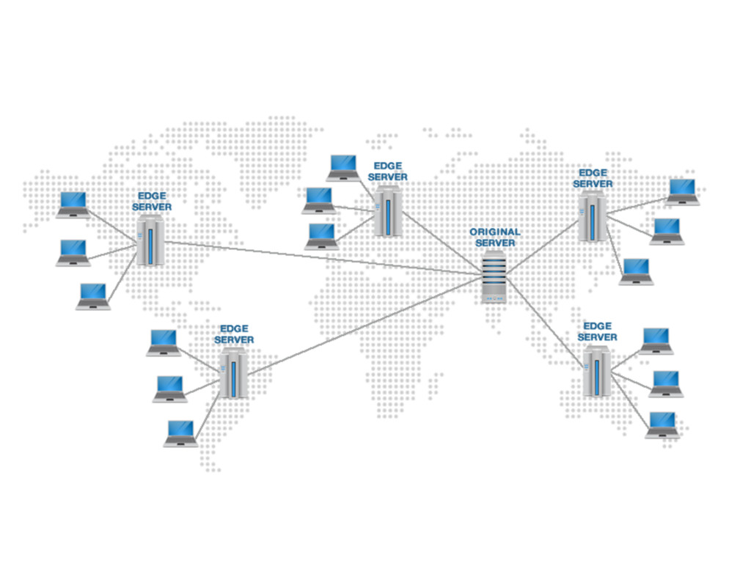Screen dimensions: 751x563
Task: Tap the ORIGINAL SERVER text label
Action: point(494,238)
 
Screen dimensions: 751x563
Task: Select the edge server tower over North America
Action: point(150,242)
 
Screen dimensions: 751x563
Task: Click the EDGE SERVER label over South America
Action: point(234,334)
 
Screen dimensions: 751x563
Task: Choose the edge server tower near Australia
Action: point(596,372)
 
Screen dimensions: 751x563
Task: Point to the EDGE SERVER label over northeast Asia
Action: point(592,178)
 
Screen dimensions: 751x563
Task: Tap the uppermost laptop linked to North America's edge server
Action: point(73,205)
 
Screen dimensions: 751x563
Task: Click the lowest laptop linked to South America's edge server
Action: point(180,433)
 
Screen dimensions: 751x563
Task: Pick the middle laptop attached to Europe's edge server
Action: point(319,200)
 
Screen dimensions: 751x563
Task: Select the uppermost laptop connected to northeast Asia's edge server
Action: point(683,191)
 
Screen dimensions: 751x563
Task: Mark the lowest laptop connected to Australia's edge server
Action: point(662,424)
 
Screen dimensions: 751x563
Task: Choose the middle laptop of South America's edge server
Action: point(170,389)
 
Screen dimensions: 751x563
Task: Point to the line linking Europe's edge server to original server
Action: point(440,243)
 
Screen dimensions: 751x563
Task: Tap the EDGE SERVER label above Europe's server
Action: point(387,172)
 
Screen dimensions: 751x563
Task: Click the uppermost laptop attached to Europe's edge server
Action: point(342,167)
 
